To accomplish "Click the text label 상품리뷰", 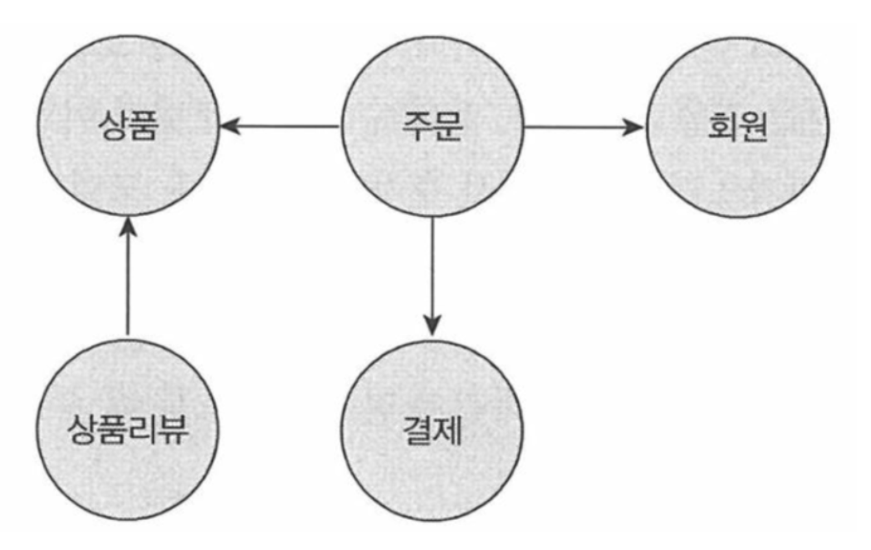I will pyautogui.click(x=128, y=431).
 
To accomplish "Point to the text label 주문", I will pyautogui.click(x=432, y=126).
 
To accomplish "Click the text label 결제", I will pyautogui.click(x=432, y=431).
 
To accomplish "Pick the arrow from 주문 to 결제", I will pyautogui.click(x=432, y=272).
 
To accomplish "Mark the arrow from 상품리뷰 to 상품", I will pyautogui.click(x=128, y=279).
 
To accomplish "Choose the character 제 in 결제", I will pyautogui.click(x=447, y=431).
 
